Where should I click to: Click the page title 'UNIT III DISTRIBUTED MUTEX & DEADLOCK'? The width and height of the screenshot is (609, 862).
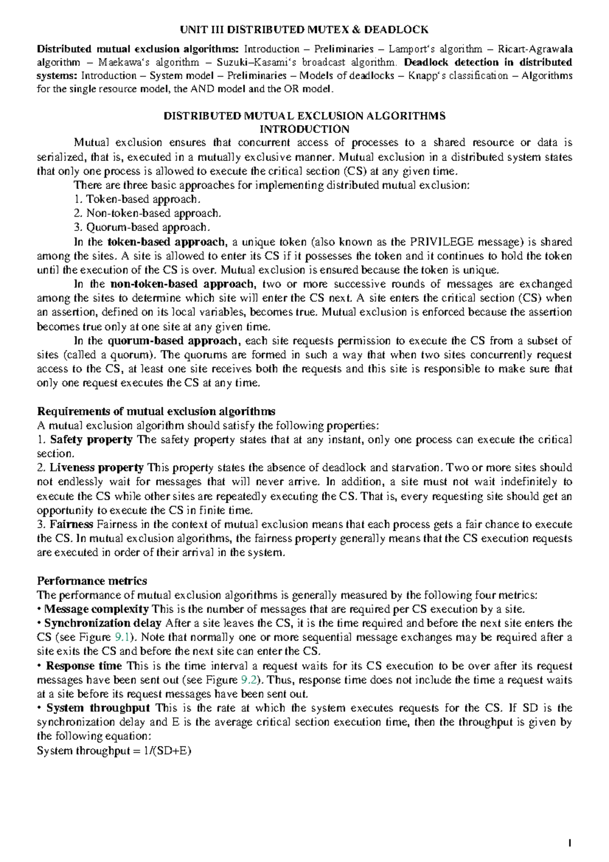coord(304,29)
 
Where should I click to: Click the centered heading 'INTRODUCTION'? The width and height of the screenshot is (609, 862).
coord(304,129)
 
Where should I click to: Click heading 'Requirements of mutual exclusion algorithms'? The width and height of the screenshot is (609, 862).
coord(156,411)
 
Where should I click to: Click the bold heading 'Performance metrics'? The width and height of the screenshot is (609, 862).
coord(92,581)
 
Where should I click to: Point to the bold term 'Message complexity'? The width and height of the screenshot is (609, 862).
coord(96,609)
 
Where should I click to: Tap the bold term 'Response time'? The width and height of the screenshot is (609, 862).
coord(84,666)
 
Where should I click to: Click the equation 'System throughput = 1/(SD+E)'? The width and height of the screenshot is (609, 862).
coord(114,751)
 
